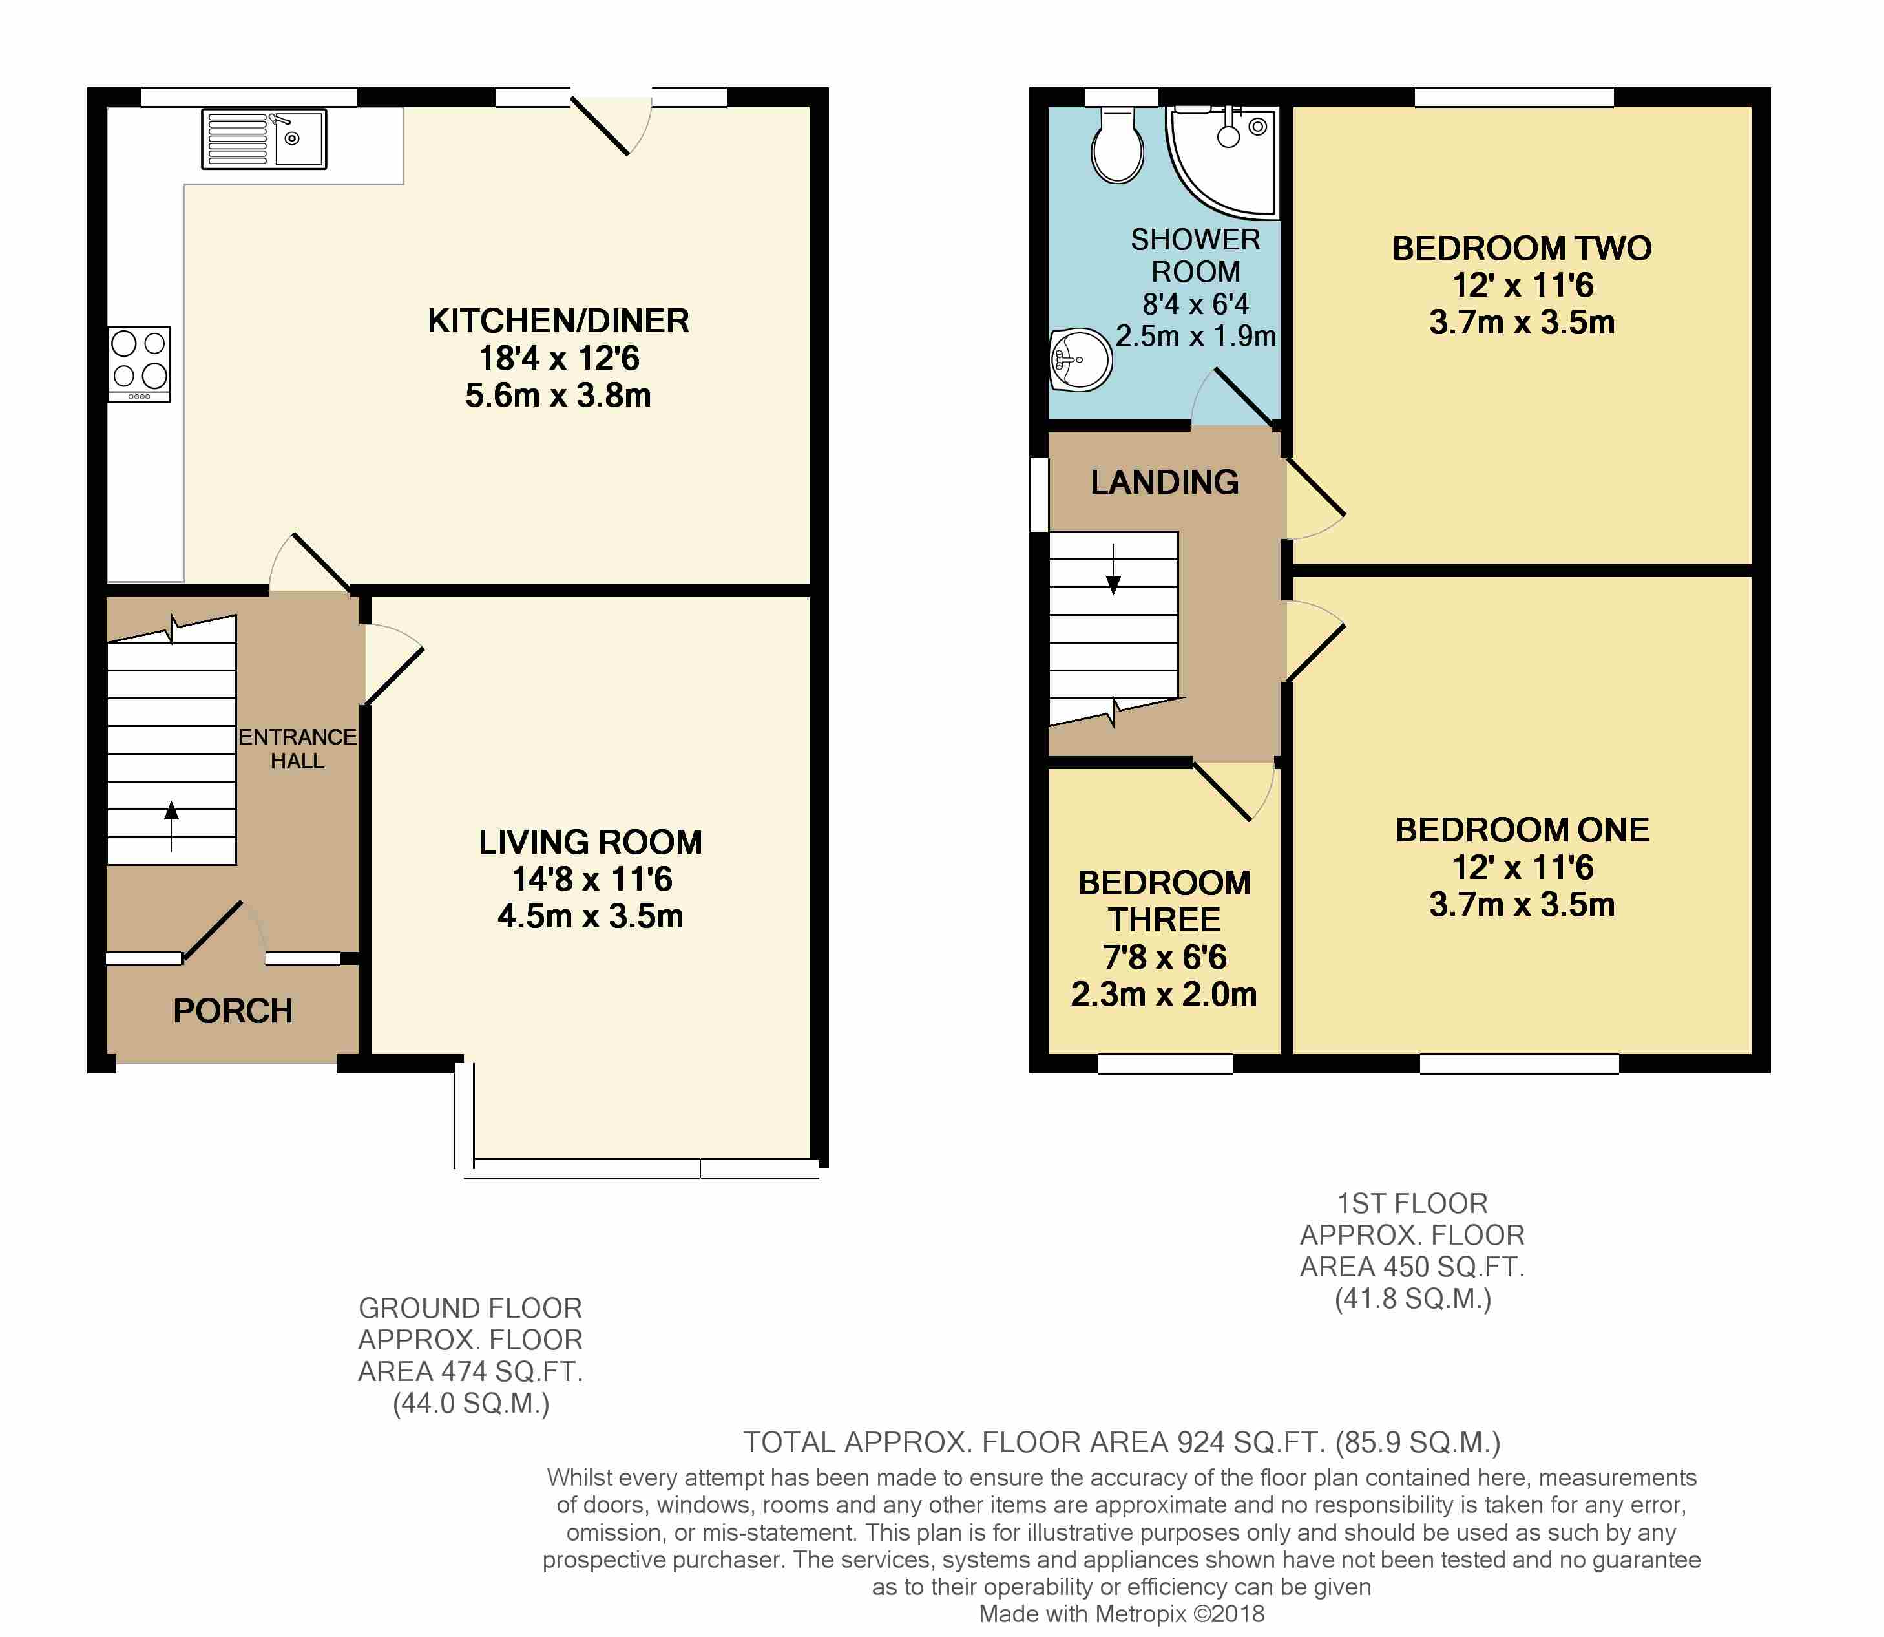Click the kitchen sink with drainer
click(x=264, y=139)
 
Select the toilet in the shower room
click(x=1118, y=145)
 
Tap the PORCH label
click(x=233, y=1011)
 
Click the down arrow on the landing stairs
click(x=1113, y=569)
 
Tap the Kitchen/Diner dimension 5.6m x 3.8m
click(x=558, y=396)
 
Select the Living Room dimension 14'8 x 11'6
click(x=591, y=879)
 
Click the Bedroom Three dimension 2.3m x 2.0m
click(x=1164, y=994)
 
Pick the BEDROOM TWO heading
click(x=1522, y=248)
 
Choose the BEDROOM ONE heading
click(x=1522, y=829)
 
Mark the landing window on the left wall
click(x=1038, y=494)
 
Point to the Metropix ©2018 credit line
click(x=1122, y=1614)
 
